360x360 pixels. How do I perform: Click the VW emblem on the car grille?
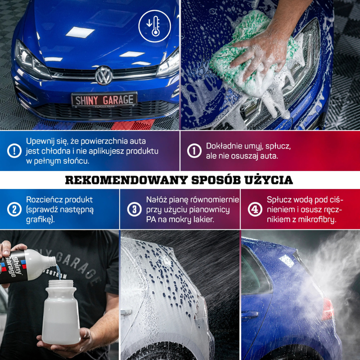click(x=103, y=75)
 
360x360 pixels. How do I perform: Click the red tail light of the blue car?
click(x=328, y=309)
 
